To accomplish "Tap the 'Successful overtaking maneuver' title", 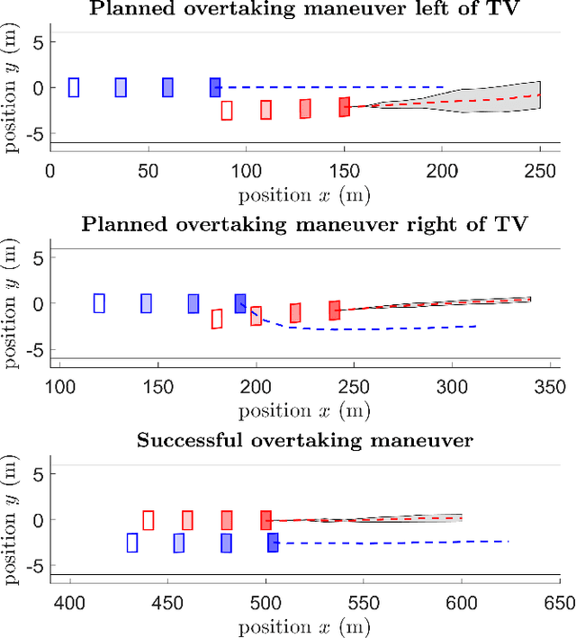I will tap(304, 440).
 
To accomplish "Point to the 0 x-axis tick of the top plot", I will tap(50, 171).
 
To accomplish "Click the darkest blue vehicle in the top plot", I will tap(215, 87).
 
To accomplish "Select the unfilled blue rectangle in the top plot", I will tap(74, 87).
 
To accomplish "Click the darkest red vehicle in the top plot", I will tap(344, 107).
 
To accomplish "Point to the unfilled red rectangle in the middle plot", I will tap(217, 319).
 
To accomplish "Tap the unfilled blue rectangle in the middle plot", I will tap(100, 303).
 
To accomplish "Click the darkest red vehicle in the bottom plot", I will tap(265, 520).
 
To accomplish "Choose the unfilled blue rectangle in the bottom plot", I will tap(132, 543).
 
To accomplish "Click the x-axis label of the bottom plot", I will tap(304, 625).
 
